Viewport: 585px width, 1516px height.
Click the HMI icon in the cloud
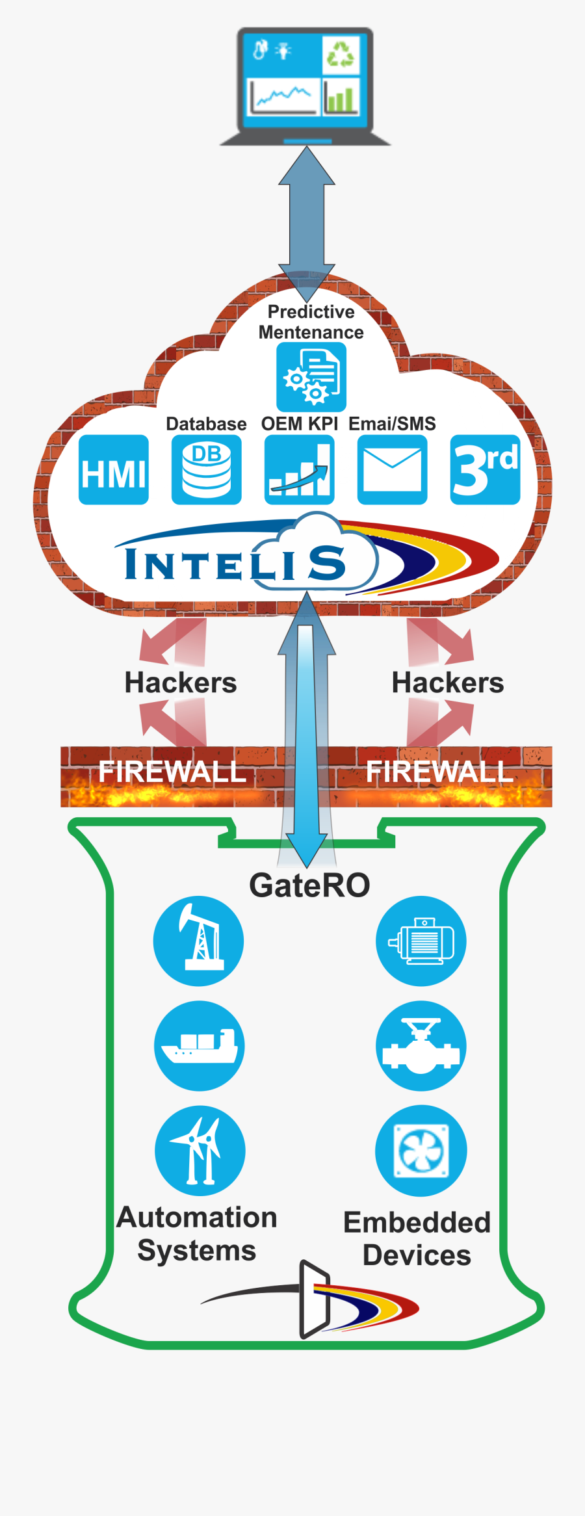(x=114, y=470)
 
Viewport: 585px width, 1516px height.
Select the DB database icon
(x=207, y=470)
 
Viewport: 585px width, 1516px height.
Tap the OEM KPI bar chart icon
(x=300, y=470)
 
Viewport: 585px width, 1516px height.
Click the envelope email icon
(x=393, y=470)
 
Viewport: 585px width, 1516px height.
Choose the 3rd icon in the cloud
(x=486, y=470)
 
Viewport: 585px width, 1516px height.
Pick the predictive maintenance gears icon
(x=311, y=377)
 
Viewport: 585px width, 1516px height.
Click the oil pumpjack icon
(x=199, y=941)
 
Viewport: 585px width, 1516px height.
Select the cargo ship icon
(x=199, y=1045)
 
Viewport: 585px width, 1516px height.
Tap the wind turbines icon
(x=200, y=1150)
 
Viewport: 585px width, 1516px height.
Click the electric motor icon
(x=421, y=941)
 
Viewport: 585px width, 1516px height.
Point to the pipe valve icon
(x=421, y=1045)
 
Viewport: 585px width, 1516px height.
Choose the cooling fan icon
(x=421, y=1150)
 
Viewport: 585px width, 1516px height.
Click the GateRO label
(x=309, y=885)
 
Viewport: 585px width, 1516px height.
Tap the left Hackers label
(x=181, y=683)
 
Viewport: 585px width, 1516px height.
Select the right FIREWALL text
(x=439, y=772)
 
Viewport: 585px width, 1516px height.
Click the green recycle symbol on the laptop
(x=340, y=54)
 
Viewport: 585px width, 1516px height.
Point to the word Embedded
(x=417, y=1222)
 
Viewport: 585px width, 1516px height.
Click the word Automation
(x=197, y=1217)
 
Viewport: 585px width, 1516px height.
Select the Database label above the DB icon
(x=206, y=424)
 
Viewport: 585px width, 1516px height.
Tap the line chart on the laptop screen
(x=283, y=96)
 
